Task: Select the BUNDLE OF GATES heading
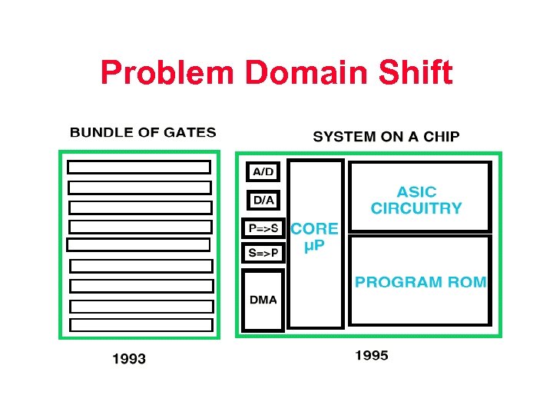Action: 143,132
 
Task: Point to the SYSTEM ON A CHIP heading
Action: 386,137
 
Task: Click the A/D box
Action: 263,171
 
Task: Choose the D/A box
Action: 263,200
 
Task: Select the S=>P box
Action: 263,253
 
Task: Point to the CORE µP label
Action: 314,237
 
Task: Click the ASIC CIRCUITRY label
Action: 416,200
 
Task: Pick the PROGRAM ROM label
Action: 420,282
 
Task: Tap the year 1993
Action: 129,358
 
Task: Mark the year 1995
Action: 372,355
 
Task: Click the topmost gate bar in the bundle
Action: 139,167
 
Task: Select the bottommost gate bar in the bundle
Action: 141,325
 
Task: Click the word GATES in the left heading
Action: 191,132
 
